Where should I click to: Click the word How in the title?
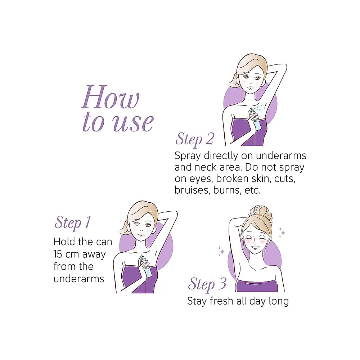(x=111, y=97)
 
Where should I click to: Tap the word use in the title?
(x=133, y=123)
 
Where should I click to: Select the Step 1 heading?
(x=73, y=223)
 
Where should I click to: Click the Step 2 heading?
(x=195, y=139)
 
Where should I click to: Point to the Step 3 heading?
(x=207, y=284)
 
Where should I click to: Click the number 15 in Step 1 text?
(x=58, y=254)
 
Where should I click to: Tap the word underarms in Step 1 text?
(x=79, y=279)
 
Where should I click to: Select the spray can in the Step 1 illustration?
(x=147, y=266)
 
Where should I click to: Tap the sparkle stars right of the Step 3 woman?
(x=282, y=232)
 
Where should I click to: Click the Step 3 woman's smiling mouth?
(x=255, y=248)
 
